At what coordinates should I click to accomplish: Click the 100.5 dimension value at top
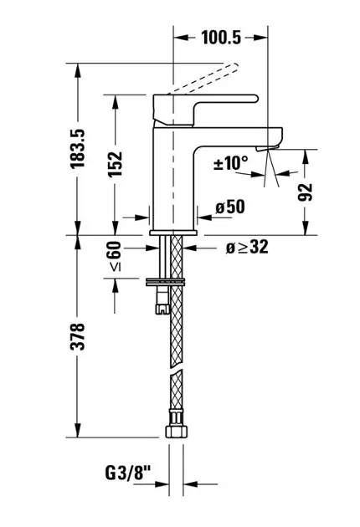tap(221, 38)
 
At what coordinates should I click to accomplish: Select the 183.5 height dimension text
tap(77, 149)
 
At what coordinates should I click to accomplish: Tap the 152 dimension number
tap(115, 164)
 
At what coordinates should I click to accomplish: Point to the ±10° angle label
tap(231, 163)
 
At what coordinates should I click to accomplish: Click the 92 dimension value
tap(305, 192)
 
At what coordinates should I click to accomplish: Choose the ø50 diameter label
tap(230, 207)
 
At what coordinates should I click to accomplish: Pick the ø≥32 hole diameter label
tap(247, 248)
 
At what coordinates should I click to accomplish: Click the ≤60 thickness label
tap(115, 255)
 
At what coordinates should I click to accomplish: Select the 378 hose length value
tap(77, 337)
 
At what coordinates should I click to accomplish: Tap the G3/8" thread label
tap(127, 473)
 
